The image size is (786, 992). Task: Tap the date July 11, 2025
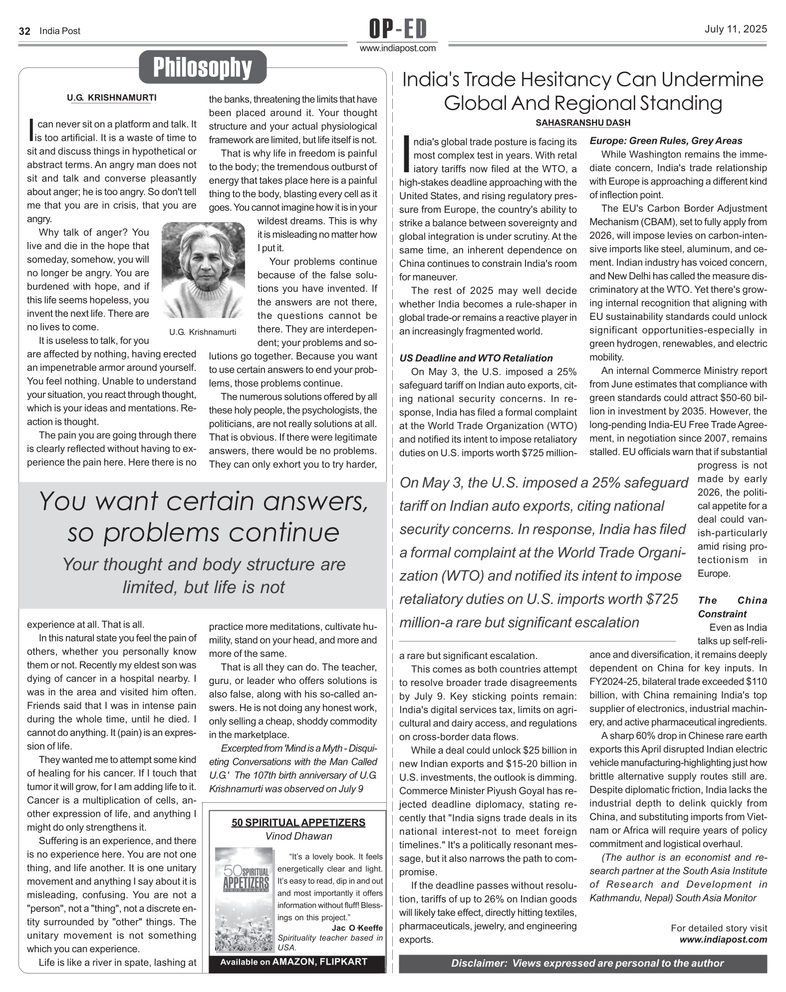(x=736, y=29)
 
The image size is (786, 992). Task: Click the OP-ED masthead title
(x=398, y=29)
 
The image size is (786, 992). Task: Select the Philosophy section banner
(x=202, y=67)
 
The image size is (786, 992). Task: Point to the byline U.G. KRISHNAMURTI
(x=111, y=98)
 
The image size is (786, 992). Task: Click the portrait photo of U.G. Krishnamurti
(x=203, y=270)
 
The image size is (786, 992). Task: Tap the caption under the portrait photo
(x=203, y=332)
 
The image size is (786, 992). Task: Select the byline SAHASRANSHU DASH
(x=583, y=123)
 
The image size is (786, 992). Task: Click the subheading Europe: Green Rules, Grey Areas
(x=666, y=141)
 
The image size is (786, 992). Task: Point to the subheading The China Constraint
(x=732, y=607)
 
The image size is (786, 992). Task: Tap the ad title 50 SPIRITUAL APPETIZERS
(x=298, y=822)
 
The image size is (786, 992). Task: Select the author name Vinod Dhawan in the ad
(x=298, y=836)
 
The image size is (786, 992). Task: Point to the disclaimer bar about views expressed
(x=582, y=963)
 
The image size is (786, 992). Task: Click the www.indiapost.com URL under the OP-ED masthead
(x=398, y=48)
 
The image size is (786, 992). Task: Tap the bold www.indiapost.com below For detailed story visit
(x=723, y=939)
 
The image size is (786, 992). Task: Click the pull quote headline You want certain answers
(x=203, y=517)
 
